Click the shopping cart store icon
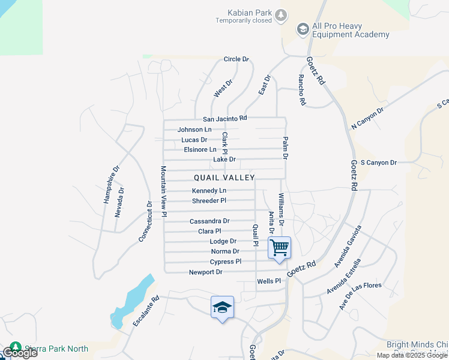click(x=280, y=247)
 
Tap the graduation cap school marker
click(x=222, y=307)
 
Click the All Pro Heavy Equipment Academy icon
click(x=303, y=29)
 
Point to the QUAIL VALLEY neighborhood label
click(x=224, y=178)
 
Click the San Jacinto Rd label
click(x=224, y=119)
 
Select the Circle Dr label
click(x=236, y=59)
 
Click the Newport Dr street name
click(x=206, y=272)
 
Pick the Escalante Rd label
click(x=146, y=310)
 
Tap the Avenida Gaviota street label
click(x=348, y=247)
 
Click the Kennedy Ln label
click(x=209, y=191)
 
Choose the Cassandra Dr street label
click(x=209, y=221)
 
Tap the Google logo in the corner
click(x=19, y=353)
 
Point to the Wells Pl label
click(x=269, y=281)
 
